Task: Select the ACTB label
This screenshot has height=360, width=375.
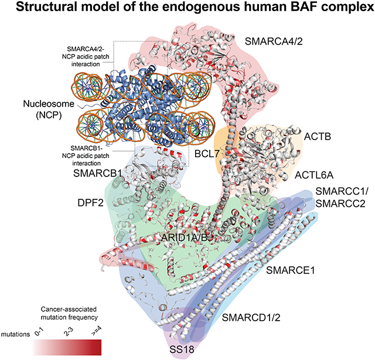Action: (318, 137)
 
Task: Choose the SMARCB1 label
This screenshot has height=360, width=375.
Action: (97, 174)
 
